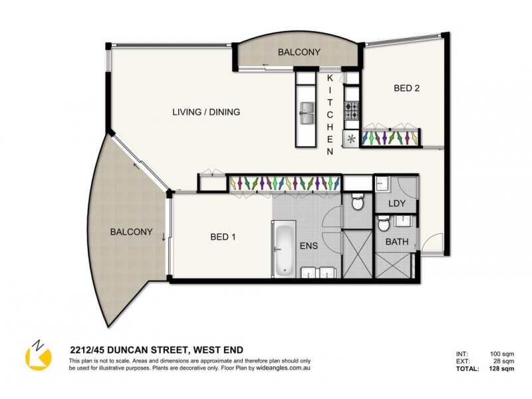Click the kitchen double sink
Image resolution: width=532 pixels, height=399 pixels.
(x=307, y=113)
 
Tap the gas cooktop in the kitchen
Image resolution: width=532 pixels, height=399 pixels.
(x=350, y=108)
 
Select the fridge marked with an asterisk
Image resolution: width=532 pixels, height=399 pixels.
(x=350, y=138)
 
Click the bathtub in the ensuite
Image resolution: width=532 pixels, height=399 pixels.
(x=284, y=249)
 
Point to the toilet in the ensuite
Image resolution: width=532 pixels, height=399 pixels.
(x=356, y=201)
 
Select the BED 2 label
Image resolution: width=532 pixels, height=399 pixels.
(x=406, y=88)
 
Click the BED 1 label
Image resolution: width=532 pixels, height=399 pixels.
(x=223, y=237)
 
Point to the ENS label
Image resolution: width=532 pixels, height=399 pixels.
(x=309, y=245)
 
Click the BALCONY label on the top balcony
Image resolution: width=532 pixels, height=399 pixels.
(x=299, y=52)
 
